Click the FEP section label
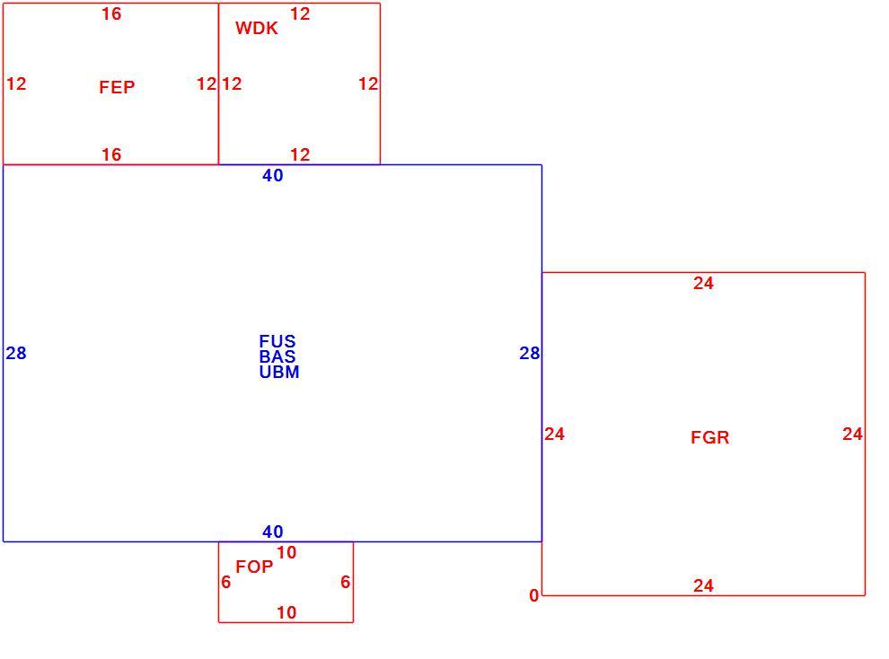[117, 87]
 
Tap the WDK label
[256, 29]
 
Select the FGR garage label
[709, 437]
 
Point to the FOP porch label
[254, 567]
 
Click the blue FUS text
[277, 341]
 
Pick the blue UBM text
[279, 373]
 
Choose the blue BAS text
[277, 356]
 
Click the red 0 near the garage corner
[534, 596]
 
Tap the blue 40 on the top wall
[273, 176]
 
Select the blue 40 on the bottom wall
[273, 532]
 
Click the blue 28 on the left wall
[16, 354]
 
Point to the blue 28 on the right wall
[530, 354]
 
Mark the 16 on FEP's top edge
[111, 14]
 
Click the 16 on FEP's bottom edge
[111, 154]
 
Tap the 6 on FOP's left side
[226, 583]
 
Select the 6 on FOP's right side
[346, 583]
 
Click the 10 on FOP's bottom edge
[286, 612]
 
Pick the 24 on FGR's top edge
[704, 284]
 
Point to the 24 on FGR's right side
[853, 434]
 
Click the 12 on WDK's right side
[368, 84]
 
